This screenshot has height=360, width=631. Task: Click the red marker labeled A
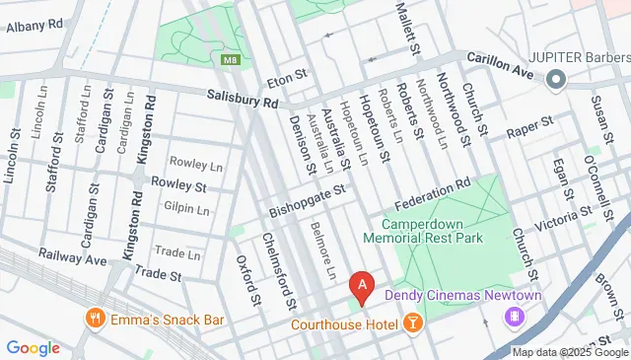pyautogui.click(x=363, y=286)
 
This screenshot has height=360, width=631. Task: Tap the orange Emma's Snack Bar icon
pyautogui.click(x=96, y=319)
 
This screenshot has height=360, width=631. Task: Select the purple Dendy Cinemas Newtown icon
pyautogui.click(x=514, y=317)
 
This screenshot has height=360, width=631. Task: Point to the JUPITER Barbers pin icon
pyautogui.click(x=555, y=78)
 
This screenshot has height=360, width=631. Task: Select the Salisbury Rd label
pyautogui.click(x=244, y=99)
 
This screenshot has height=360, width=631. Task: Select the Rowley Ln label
pyautogui.click(x=185, y=162)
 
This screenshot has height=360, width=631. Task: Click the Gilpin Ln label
pyautogui.click(x=187, y=209)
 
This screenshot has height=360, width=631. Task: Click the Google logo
pyautogui.click(x=33, y=347)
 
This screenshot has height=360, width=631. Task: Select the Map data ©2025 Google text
pyautogui.click(x=570, y=352)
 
